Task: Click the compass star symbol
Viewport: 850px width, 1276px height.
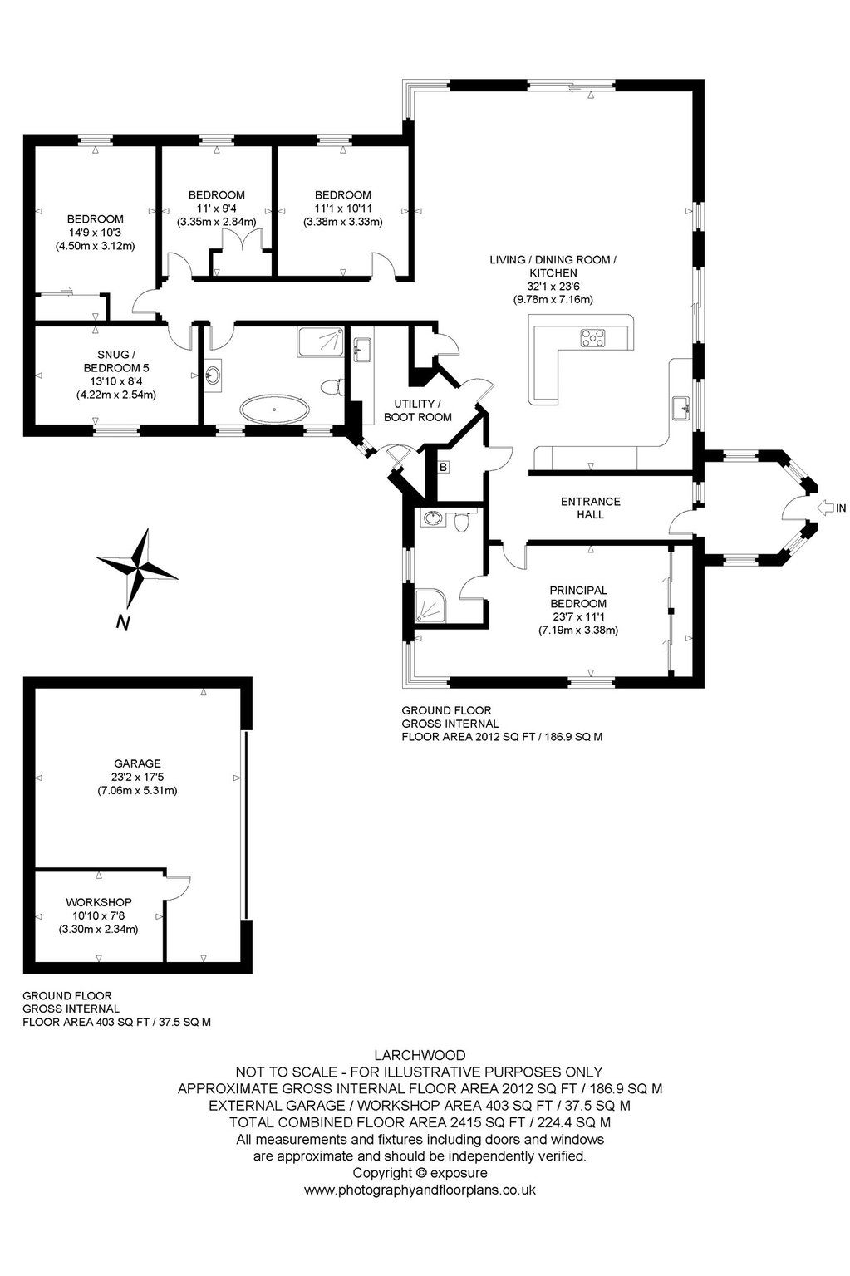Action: point(137,568)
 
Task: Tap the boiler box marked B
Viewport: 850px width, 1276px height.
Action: point(443,467)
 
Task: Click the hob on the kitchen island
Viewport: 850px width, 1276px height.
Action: point(593,338)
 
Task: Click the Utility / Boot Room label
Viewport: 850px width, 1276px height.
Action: point(418,410)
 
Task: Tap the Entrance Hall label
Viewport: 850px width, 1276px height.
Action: point(590,508)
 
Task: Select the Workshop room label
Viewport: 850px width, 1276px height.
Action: point(99,902)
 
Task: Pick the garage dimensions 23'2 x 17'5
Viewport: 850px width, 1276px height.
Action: point(137,777)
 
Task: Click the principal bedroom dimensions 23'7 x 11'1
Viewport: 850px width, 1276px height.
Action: point(578,616)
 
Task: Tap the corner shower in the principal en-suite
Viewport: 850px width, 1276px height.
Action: point(431,606)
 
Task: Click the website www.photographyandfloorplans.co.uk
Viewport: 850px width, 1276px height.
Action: point(420,1190)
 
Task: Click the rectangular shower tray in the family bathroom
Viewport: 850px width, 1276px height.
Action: point(320,341)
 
